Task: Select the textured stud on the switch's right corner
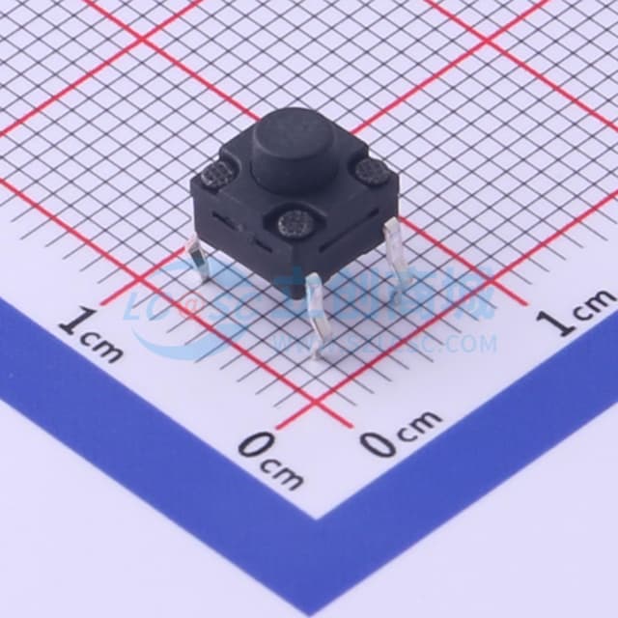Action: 368,173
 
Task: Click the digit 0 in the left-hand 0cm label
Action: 253,445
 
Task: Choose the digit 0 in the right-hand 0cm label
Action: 378,443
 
